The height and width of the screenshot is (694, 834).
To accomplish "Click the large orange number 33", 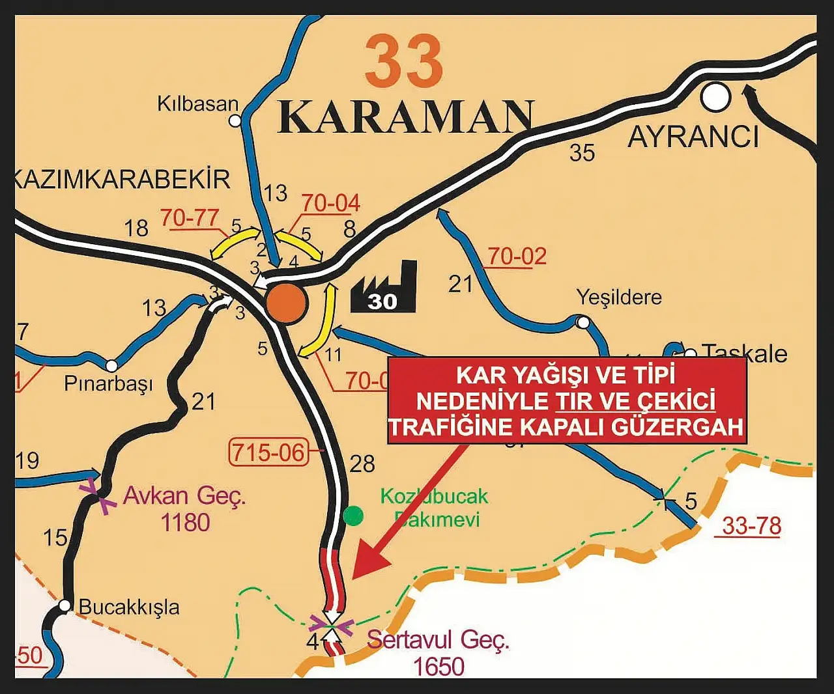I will pyautogui.click(x=404, y=62).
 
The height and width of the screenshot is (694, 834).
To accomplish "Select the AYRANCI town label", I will pyautogui.click(x=693, y=137).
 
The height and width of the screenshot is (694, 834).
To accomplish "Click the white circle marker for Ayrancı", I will pyautogui.click(x=715, y=98).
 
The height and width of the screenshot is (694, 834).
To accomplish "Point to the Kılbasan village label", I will pyautogui.click(x=197, y=104).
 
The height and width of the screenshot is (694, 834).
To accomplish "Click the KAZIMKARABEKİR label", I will pyautogui.click(x=122, y=179).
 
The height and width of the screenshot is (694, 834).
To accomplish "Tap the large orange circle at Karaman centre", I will pyautogui.click(x=286, y=303).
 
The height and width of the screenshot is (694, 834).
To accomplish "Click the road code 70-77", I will pyautogui.click(x=189, y=218).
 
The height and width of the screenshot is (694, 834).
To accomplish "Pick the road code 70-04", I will pyautogui.click(x=330, y=203).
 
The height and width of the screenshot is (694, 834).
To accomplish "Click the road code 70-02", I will pyautogui.click(x=517, y=257).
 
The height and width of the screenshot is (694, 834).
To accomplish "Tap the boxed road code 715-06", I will pyautogui.click(x=268, y=451).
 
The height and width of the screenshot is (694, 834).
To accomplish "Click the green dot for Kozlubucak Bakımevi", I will pyautogui.click(x=353, y=516).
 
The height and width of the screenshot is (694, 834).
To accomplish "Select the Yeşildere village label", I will pyautogui.click(x=619, y=298).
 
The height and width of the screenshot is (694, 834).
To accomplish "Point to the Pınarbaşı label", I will pyautogui.click(x=108, y=383).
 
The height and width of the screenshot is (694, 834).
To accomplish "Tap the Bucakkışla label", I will pyautogui.click(x=129, y=607).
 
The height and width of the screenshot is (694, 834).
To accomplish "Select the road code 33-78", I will pyautogui.click(x=751, y=525).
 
